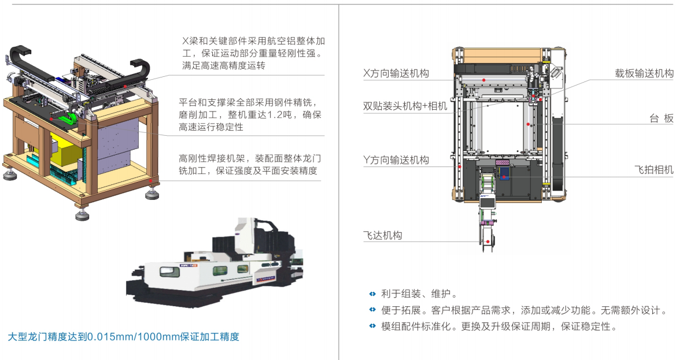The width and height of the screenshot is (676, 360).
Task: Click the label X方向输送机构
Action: coord(396,74)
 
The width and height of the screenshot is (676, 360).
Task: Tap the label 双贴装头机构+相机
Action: coord(405,106)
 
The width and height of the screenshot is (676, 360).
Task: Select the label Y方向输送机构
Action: coord(396,160)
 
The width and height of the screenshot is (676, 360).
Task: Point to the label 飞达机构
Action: coord(382,235)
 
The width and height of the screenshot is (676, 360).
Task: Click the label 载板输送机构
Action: coord(644,74)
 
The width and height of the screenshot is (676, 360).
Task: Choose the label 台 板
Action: coord(661,118)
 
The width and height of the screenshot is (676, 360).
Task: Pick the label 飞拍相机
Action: coord(653,170)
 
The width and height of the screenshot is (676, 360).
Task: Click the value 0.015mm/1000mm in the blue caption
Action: coord(135,336)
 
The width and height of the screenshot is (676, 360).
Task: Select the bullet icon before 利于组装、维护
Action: coord(372,294)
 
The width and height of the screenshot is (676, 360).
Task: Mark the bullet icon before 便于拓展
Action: coord(372,310)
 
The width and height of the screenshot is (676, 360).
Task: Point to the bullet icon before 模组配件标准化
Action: coord(372,326)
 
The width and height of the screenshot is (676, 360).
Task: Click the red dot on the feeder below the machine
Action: coord(488,241)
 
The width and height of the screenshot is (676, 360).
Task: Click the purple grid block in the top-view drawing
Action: coord(502,163)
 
